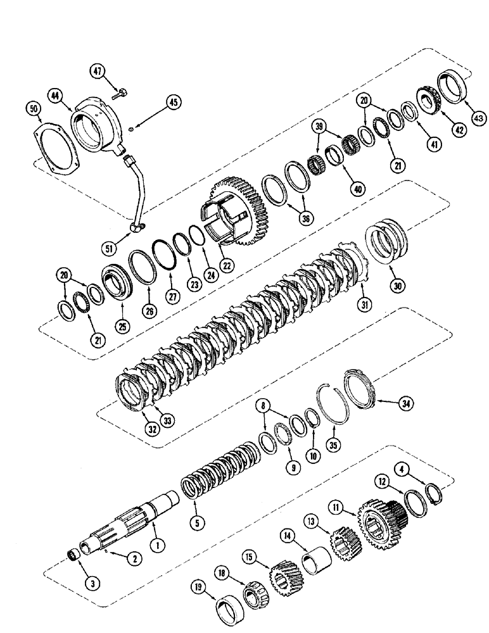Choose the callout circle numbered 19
198,588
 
